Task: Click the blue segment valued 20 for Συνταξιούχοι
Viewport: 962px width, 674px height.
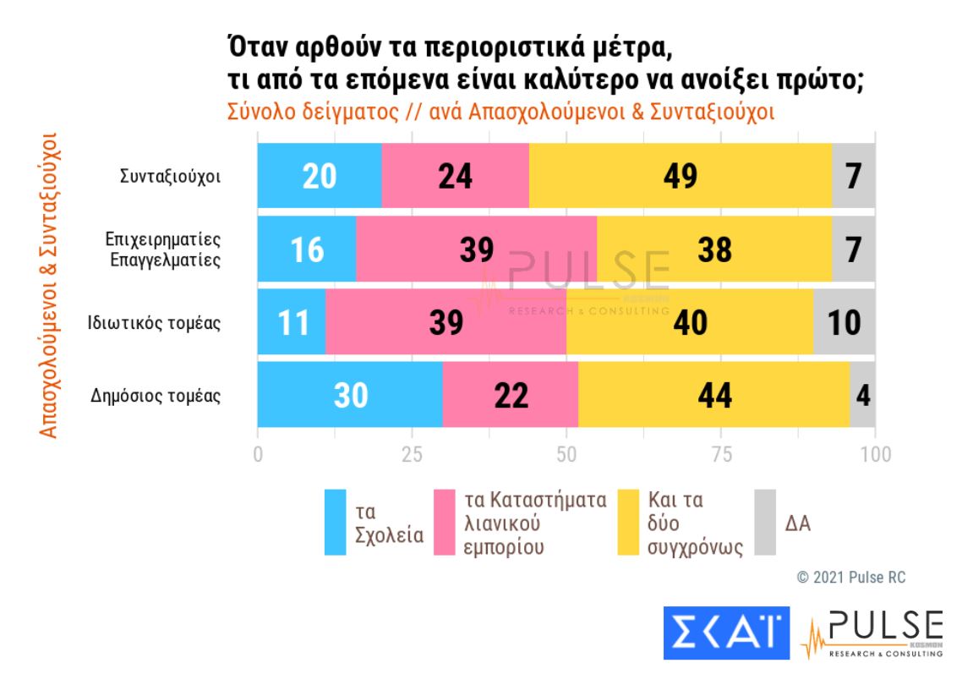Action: pyautogui.click(x=320, y=176)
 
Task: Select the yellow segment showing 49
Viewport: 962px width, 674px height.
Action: pyautogui.click(x=680, y=176)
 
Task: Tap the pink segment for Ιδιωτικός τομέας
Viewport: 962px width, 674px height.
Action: pyautogui.click(x=445, y=322)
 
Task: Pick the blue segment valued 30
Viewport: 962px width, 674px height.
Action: pyautogui.click(x=350, y=395)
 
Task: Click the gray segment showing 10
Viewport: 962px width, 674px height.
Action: pyautogui.click(x=844, y=322)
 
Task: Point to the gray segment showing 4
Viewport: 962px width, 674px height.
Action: pyautogui.click(x=862, y=395)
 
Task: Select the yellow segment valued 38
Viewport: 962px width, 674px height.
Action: pyautogui.click(x=714, y=249)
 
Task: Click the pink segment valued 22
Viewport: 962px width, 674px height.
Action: pyautogui.click(x=510, y=395)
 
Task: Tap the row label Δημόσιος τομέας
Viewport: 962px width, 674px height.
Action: pyautogui.click(x=156, y=395)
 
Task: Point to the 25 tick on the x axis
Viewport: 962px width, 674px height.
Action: pyautogui.click(x=412, y=454)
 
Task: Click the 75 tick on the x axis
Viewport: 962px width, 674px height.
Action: pyautogui.click(x=721, y=454)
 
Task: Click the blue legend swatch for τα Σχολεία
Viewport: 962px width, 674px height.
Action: pyautogui.click(x=336, y=523)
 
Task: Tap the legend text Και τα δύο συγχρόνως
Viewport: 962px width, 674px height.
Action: pyautogui.click(x=682, y=523)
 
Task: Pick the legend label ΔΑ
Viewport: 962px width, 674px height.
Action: pyautogui.click(x=798, y=523)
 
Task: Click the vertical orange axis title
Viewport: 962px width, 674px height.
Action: pyautogui.click(x=50, y=284)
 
